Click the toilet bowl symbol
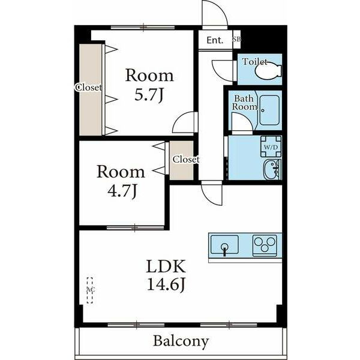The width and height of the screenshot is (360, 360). pos(268,71)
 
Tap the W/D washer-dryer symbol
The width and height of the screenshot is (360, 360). pos(271,146)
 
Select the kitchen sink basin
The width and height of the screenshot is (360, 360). pos(224,244)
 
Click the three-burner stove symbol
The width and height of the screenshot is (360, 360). pos(265,245)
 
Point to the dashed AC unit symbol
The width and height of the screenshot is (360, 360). pos(90,290)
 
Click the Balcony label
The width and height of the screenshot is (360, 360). pos(181,341)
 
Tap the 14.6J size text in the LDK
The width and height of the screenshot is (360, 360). pos(166,284)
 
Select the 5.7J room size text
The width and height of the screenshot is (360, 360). pos(149,94)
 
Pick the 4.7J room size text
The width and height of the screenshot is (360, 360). pos(122,191)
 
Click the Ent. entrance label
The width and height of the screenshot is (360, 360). pos(215,40)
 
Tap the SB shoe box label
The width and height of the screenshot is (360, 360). pos(237,39)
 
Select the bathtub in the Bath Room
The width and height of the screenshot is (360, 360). pos(269,110)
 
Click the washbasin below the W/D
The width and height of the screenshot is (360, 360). pos(272,170)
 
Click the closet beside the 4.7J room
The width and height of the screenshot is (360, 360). pos(181,160)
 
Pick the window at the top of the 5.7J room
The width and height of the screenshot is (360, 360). pos(143,28)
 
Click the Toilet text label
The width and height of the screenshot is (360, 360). pos(255,62)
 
